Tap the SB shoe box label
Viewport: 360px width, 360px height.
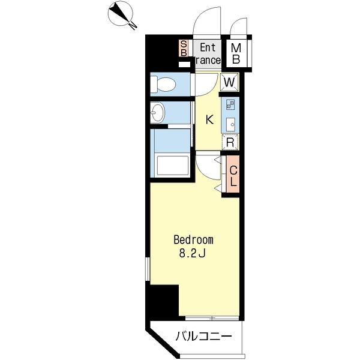[184, 48]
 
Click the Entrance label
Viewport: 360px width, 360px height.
[208, 54]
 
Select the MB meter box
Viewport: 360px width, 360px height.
[236, 54]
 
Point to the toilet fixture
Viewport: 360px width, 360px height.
[163, 84]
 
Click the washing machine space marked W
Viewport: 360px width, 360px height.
[230, 82]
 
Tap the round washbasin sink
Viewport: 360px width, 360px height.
[158, 113]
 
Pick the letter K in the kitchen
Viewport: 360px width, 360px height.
[209, 119]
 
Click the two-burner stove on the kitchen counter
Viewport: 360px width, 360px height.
[230, 104]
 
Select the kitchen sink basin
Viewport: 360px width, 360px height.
[230, 124]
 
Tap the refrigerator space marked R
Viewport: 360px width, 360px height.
[230, 143]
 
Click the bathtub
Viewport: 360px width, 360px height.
[173, 166]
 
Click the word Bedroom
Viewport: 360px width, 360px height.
[194, 240]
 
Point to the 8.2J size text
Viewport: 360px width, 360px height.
[192, 253]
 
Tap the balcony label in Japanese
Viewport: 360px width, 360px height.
[203, 337]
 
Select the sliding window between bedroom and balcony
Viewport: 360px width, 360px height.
[212, 318]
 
